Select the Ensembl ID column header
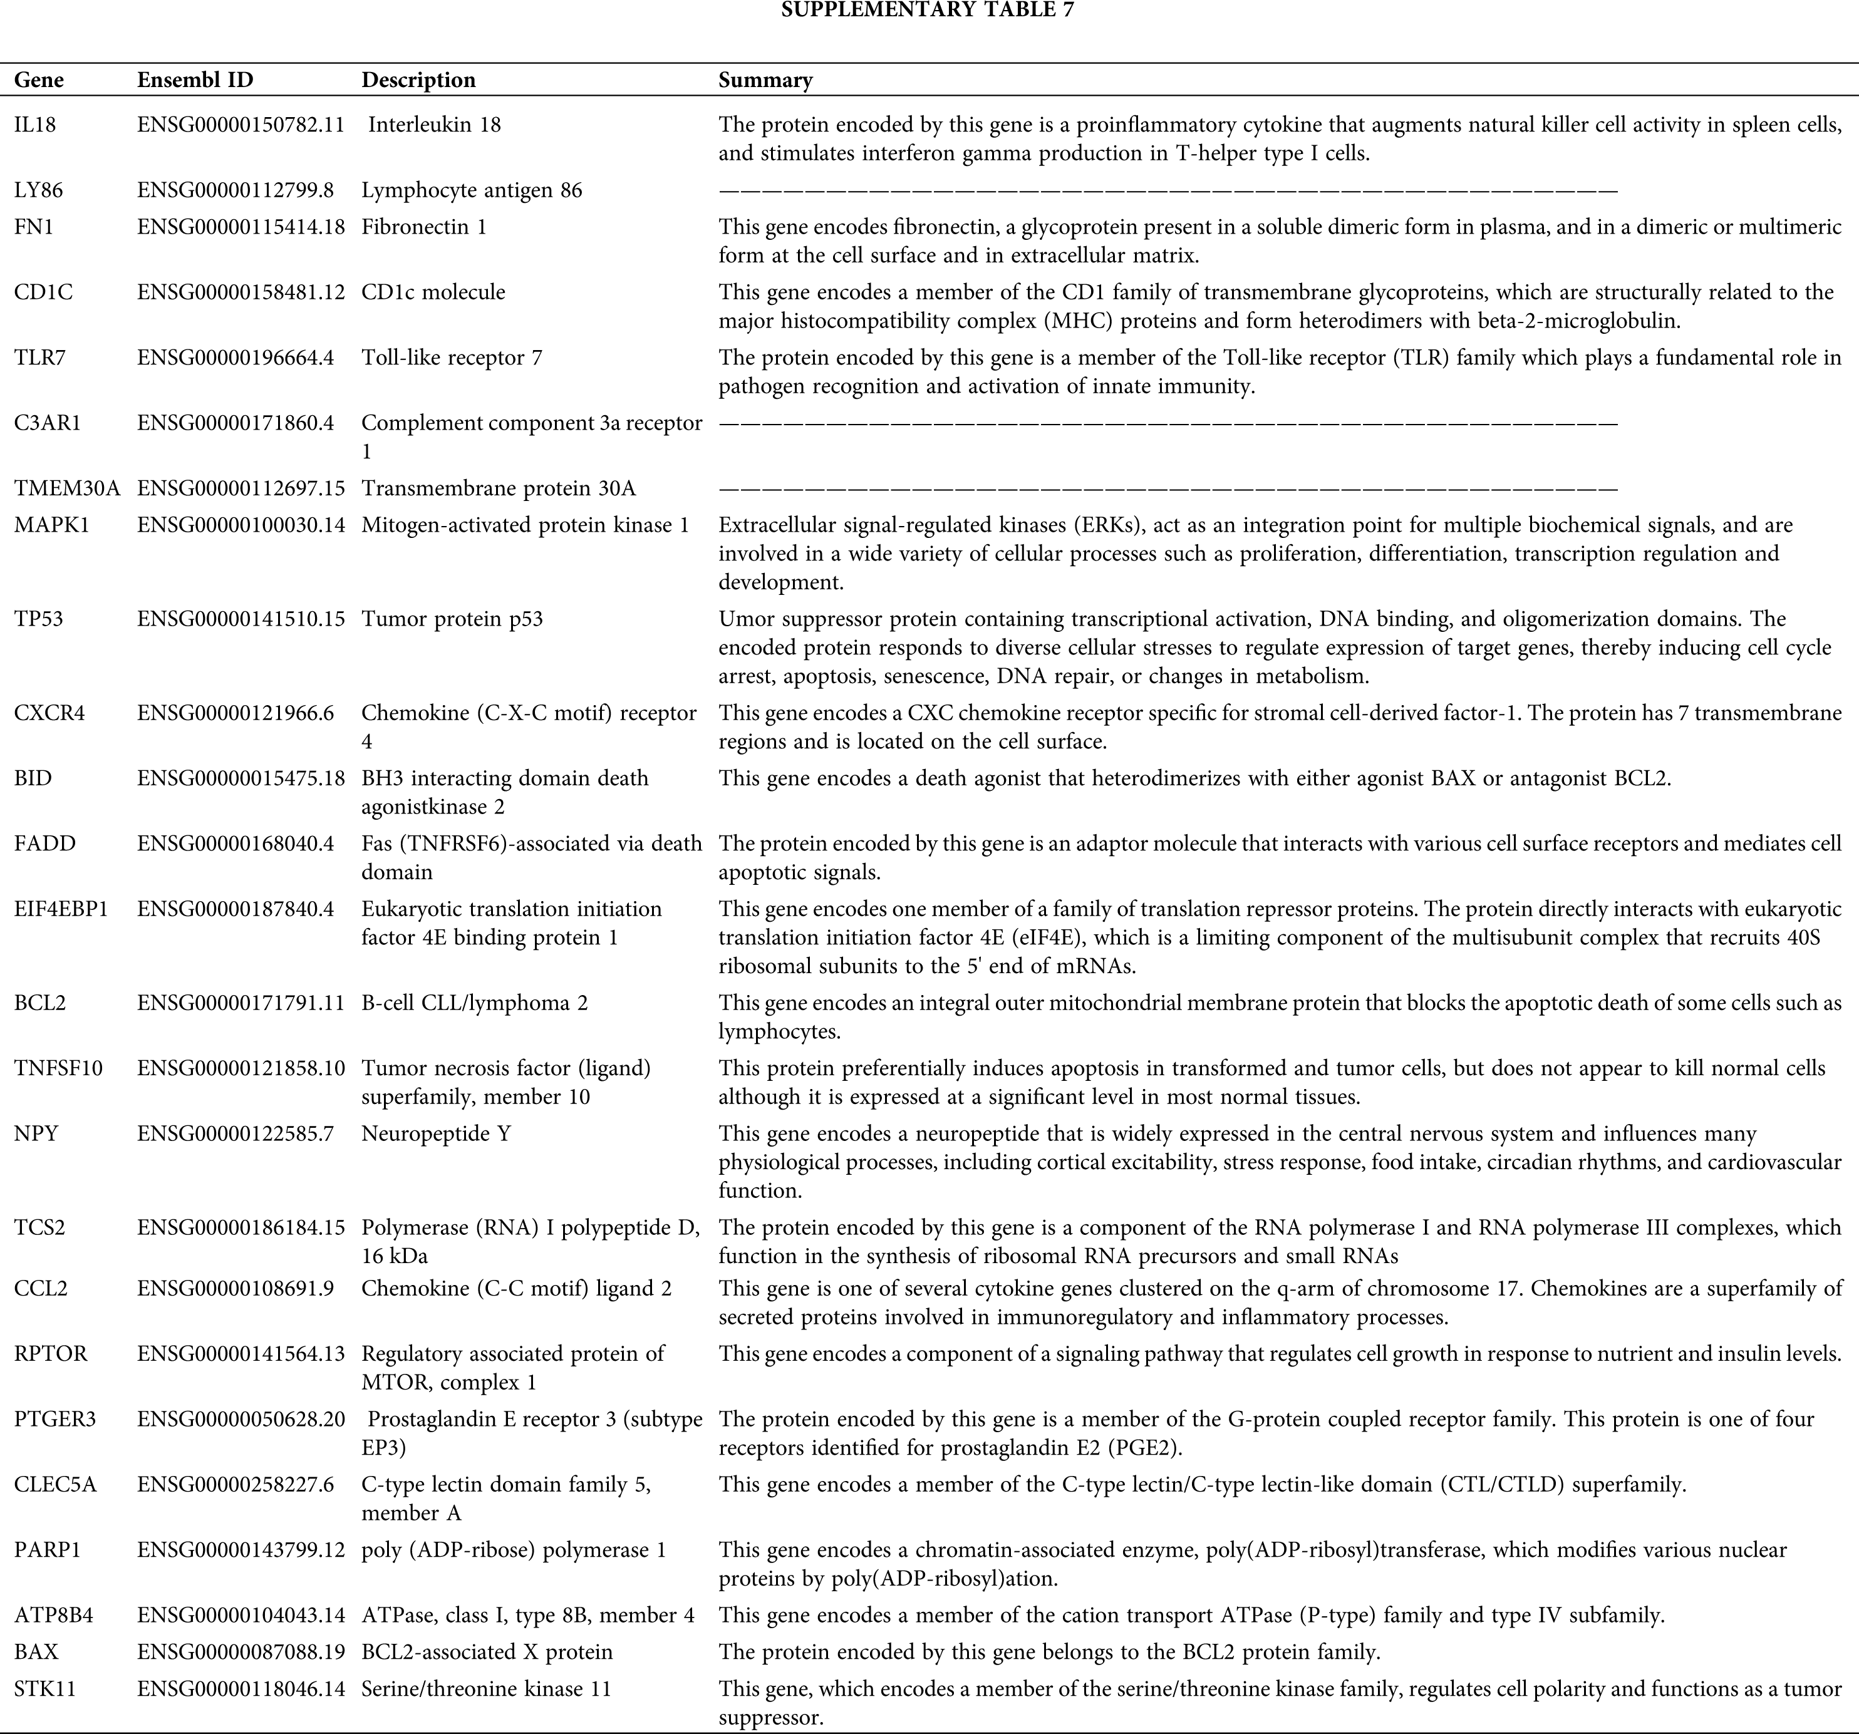click(195, 80)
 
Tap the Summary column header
click(765, 80)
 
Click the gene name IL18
click(34, 125)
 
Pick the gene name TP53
click(38, 619)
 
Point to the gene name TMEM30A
click(67, 488)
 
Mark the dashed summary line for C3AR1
click(1167, 423)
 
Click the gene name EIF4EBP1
click(61, 909)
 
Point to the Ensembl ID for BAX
click(241, 1652)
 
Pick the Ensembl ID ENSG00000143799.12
click(241, 1550)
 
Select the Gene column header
click(39, 80)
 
